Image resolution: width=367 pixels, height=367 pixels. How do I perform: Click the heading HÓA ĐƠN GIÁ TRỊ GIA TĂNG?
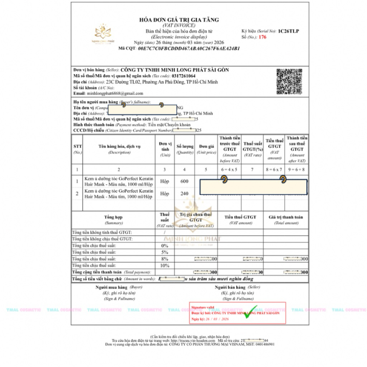pos(179,20)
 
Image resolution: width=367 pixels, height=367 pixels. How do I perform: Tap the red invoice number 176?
pos(262,37)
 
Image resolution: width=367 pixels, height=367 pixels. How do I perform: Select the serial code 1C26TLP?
pos(288,31)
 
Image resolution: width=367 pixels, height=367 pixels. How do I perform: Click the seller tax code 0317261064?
pos(183,76)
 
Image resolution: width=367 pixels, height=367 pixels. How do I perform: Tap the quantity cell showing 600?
pos(184,181)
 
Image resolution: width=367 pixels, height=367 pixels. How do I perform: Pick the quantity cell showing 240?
pos(184,194)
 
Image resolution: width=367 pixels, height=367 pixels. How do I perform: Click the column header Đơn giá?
pos(206,147)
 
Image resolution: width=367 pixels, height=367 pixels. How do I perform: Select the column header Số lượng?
pos(185,147)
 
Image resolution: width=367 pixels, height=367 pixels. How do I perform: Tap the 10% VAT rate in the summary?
pos(165,266)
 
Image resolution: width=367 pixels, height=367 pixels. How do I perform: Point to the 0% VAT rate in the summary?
pos(165,246)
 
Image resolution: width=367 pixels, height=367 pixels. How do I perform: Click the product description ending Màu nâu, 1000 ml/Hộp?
pos(119,181)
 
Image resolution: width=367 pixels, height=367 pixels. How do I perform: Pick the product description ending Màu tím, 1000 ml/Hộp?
pos(119,194)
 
